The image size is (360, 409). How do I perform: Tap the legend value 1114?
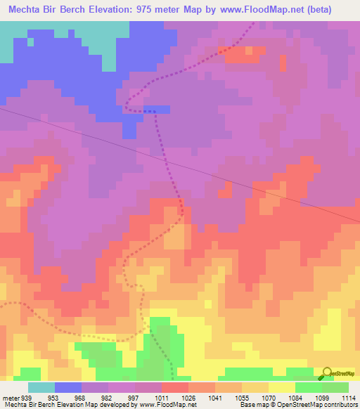[349, 397]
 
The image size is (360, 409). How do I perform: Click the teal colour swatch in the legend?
[41, 387]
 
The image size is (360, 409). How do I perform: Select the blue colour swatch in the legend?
[68, 387]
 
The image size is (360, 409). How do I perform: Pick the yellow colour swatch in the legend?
[282, 387]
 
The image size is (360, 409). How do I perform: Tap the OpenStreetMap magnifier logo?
[328, 375]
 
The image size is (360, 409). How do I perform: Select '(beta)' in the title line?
[333, 10]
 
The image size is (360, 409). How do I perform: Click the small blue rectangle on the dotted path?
[157, 109]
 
